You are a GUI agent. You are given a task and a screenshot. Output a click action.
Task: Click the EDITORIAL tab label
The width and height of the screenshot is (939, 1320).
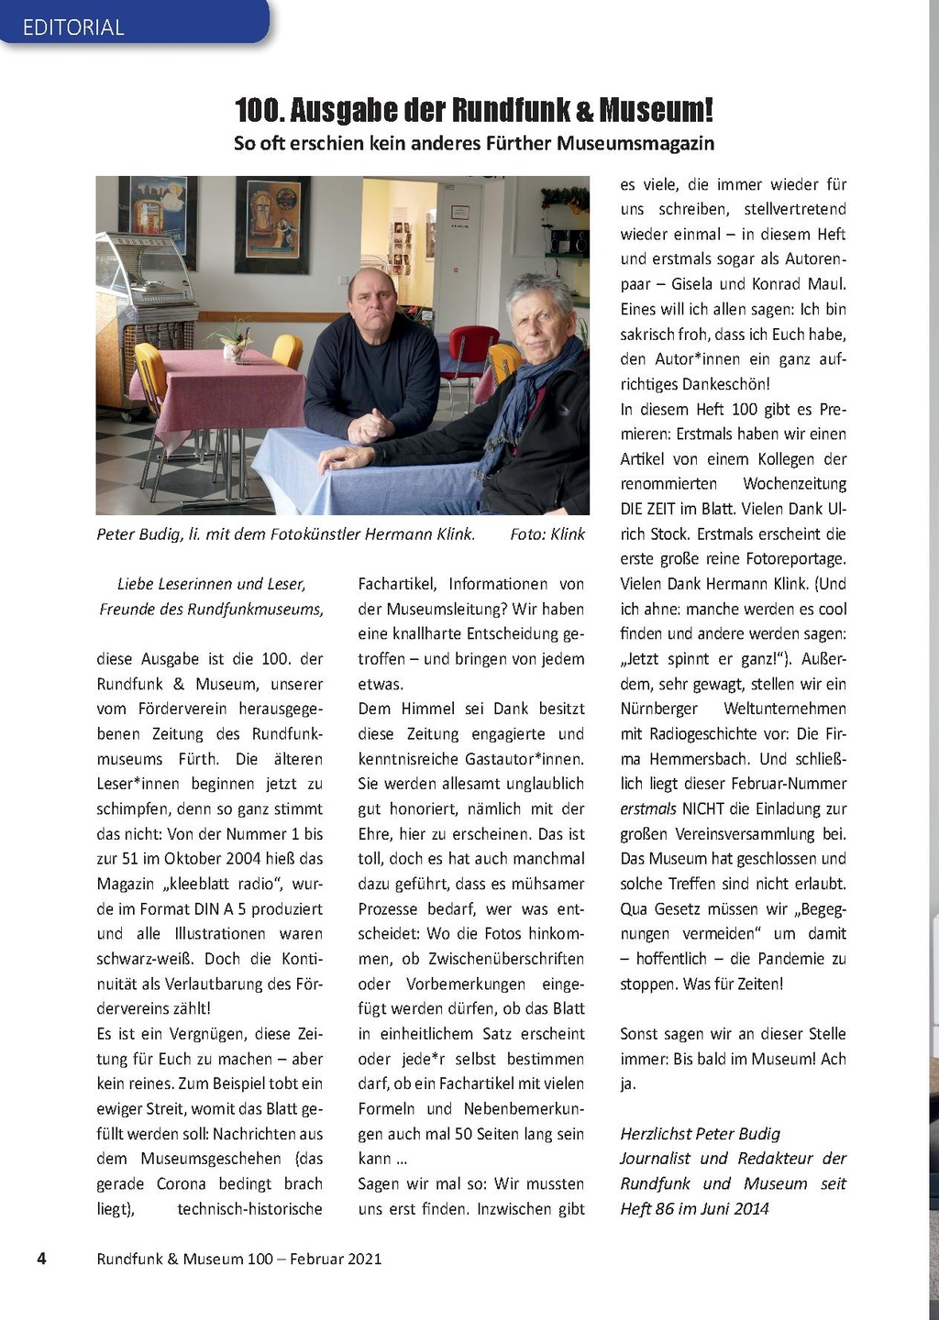tap(73, 27)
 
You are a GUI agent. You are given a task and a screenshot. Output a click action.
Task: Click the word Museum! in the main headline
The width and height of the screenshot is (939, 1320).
tap(657, 111)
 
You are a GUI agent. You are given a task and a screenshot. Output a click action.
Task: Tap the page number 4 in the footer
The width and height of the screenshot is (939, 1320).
tap(41, 1258)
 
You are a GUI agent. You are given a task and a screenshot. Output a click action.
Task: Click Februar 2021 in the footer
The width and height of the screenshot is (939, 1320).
tap(336, 1259)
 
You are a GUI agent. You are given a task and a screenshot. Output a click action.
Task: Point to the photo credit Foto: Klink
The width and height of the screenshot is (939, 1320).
tap(547, 534)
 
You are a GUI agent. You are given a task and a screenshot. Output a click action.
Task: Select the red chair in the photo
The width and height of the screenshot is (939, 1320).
tap(471, 349)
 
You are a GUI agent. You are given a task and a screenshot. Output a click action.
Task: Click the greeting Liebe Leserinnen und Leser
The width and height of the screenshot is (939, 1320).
tap(211, 584)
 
